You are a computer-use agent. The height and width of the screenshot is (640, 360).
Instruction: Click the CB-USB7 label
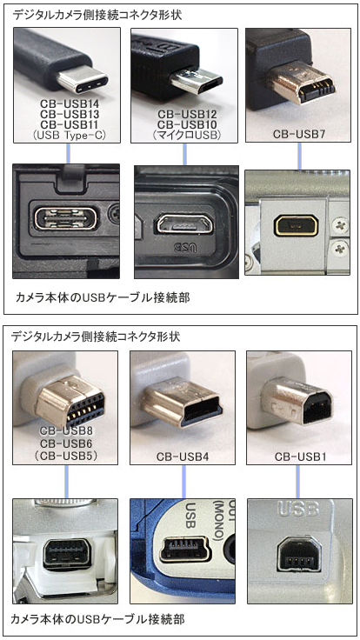[299, 134]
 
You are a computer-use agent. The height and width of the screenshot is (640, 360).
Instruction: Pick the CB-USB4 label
[183, 457]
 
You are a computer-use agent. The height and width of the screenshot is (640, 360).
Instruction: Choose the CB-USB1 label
[300, 457]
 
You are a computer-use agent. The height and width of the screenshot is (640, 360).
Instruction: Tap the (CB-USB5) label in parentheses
[67, 456]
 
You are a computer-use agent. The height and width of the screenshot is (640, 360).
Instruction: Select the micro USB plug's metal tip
[196, 81]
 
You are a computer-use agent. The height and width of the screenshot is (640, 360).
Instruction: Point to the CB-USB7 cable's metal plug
[299, 83]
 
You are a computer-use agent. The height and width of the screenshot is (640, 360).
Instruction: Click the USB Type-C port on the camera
[66, 219]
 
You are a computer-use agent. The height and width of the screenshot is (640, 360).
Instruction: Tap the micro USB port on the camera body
[183, 224]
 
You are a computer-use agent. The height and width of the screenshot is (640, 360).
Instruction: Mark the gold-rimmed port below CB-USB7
[296, 225]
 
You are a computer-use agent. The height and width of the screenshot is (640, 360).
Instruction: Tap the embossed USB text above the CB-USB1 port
[297, 509]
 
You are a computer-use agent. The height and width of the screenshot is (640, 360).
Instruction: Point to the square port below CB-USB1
[300, 554]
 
